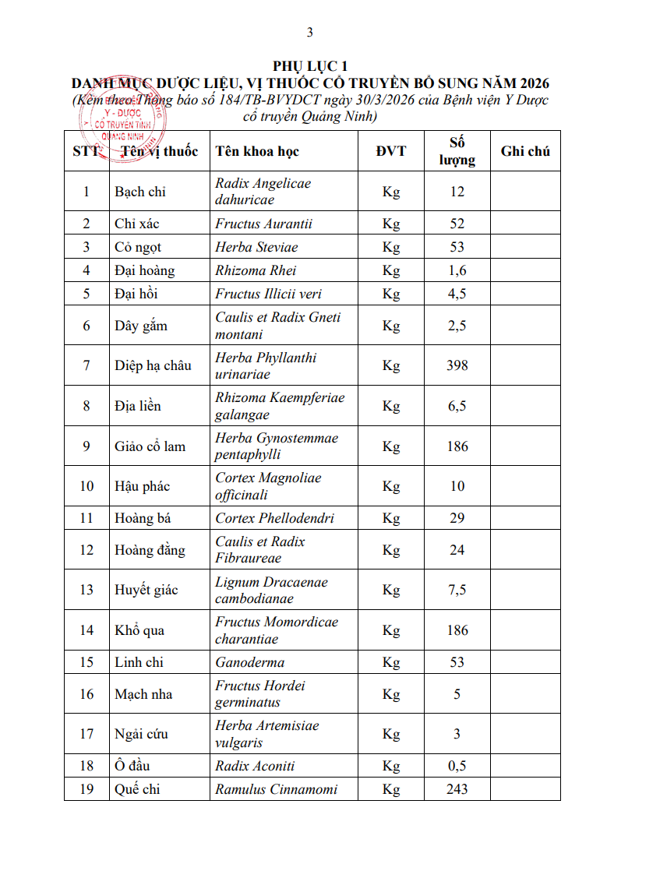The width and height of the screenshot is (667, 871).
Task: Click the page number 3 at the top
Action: click(x=310, y=32)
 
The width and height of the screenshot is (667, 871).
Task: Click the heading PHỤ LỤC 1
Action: click(x=309, y=66)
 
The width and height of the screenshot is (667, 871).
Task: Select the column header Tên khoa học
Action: click(x=256, y=151)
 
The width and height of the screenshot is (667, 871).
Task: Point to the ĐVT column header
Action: click(x=390, y=151)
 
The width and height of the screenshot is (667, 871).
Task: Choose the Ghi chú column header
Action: click(x=525, y=151)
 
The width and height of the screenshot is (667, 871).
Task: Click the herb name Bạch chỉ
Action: click(x=140, y=192)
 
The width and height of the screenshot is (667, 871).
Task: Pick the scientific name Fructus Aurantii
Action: click(x=263, y=224)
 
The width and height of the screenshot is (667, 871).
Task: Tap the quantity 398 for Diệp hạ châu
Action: click(x=457, y=365)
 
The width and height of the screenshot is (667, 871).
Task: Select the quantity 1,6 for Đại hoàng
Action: click(x=457, y=270)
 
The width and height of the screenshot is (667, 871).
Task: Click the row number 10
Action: click(x=86, y=486)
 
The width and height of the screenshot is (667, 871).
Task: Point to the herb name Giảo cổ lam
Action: click(x=150, y=446)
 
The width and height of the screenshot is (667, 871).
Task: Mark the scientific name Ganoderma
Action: click(x=249, y=662)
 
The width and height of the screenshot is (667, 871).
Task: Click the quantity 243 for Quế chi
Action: click(x=457, y=789)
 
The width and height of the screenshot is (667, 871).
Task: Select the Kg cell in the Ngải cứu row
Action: click(x=390, y=734)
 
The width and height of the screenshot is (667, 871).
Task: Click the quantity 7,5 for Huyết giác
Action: click(x=457, y=590)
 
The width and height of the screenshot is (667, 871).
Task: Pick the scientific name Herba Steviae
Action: click(x=256, y=247)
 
